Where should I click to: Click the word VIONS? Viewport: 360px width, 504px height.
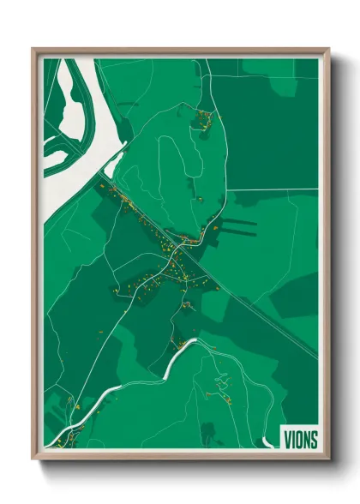[x=301, y=440]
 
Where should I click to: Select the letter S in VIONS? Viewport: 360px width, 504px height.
[x=314, y=440]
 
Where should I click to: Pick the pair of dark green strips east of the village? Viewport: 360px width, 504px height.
[x=240, y=226]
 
